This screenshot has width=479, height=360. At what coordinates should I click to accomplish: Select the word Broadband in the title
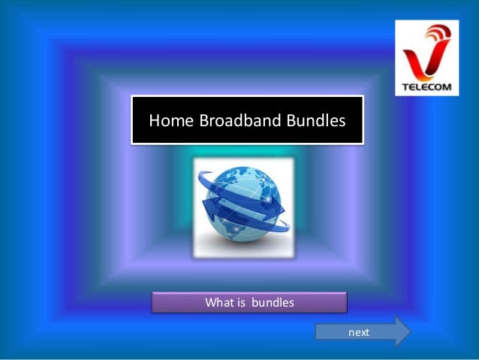(x=227, y=120)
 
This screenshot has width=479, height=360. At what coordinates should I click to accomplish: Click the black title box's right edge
(x=363, y=119)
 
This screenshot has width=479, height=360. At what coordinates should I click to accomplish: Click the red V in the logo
(x=417, y=60)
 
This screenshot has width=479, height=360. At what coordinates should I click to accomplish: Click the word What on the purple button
(x=221, y=303)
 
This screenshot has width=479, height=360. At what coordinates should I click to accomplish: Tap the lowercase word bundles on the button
(x=273, y=303)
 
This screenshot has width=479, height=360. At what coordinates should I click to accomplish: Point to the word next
(x=359, y=331)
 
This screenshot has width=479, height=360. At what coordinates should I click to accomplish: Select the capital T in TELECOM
(x=405, y=86)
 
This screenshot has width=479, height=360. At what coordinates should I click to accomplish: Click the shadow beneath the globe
(x=242, y=246)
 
